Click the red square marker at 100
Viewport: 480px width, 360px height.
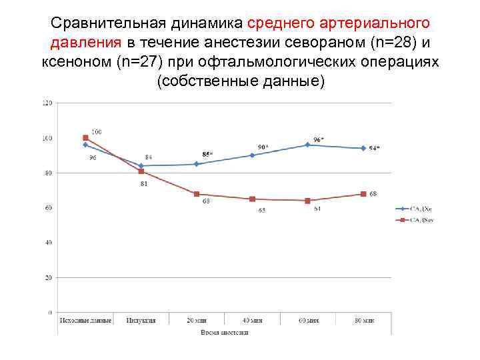coord(85,138)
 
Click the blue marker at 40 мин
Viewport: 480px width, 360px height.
coord(252,155)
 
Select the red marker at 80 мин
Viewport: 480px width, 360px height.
coord(363,194)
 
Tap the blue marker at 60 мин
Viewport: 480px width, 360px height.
coord(307,145)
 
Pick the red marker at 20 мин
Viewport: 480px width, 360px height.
coord(197,194)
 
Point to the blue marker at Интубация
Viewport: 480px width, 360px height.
coord(141,166)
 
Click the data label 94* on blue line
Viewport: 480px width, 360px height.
coord(375,148)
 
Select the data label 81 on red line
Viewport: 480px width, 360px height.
coord(144,183)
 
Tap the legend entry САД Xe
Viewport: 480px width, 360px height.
coord(421,209)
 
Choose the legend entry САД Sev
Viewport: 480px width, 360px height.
coord(421,219)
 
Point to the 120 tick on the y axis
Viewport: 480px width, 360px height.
coord(47,103)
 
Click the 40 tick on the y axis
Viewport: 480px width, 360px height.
coord(49,243)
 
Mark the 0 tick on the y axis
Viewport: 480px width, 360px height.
coord(51,312)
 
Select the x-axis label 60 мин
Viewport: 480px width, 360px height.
coord(307,320)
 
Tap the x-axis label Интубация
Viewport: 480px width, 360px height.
coord(141,320)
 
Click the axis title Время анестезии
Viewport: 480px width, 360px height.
coord(224,331)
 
